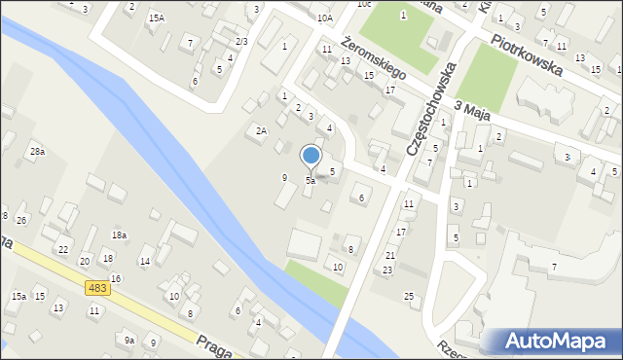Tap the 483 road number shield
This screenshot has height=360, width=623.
[x=96, y=288]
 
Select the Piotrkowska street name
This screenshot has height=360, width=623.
[x=527, y=54]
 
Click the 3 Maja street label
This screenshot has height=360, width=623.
[x=469, y=114]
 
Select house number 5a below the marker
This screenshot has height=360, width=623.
[x=311, y=181]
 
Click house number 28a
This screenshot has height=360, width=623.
[x=37, y=152]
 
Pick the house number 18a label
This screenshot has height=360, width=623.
[x=119, y=235]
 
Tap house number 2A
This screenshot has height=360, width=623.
[x=261, y=130]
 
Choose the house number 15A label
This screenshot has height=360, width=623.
[x=156, y=18]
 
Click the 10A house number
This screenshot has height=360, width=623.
[x=324, y=18]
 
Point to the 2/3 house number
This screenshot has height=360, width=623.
[x=241, y=41]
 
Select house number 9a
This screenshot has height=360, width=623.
[x=128, y=340]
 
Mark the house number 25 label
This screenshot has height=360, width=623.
[x=409, y=295]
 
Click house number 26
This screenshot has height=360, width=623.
[x=21, y=221]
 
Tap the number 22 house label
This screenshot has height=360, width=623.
[x=62, y=250]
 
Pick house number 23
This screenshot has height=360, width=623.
[x=387, y=270]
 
